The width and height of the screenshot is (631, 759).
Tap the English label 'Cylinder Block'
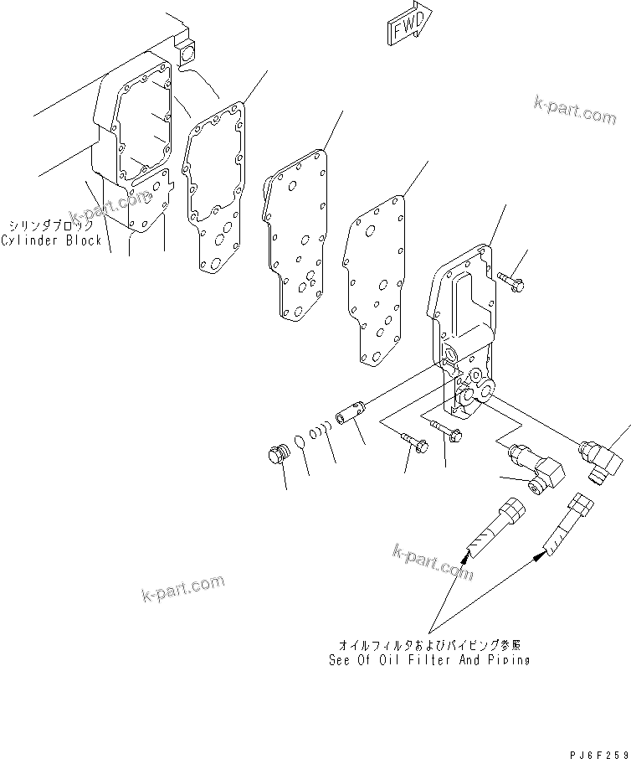pyautogui.click(x=51, y=240)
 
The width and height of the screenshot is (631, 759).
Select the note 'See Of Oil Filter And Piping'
pyautogui.click(x=429, y=661)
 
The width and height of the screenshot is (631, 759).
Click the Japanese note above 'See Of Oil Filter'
pyautogui.click(x=429, y=647)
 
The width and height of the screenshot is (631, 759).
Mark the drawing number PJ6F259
pyautogui.click(x=595, y=753)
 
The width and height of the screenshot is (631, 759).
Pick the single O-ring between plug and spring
pyautogui.click(x=300, y=442)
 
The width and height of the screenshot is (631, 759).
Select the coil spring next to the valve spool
pyautogui.click(x=321, y=431)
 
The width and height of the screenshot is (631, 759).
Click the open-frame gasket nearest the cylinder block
pyautogui.click(x=216, y=184)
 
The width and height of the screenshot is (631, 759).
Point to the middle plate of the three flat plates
pyautogui.click(x=297, y=239)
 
